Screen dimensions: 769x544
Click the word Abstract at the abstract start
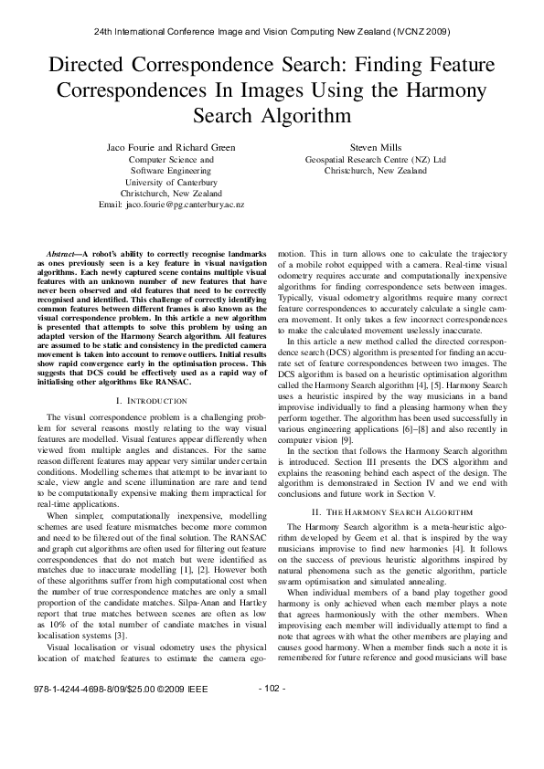tap(64, 251)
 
